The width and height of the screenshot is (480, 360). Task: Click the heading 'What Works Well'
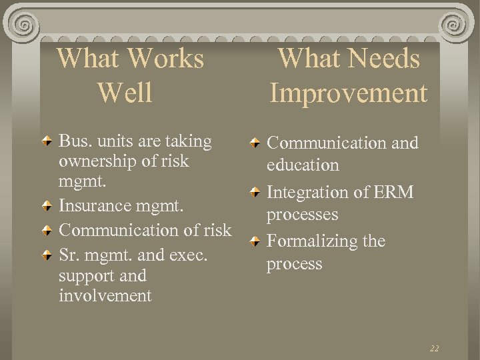click(130, 75)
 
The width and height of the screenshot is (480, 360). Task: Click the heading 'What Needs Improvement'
click(348, 75)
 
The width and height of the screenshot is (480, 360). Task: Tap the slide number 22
click(434, 349)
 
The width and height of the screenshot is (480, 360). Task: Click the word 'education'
click(303, 165)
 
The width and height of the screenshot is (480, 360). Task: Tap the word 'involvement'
click(105, 295)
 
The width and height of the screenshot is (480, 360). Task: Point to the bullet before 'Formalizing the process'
click(255, 242)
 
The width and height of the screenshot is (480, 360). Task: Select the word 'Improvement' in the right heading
click(348, 93)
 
